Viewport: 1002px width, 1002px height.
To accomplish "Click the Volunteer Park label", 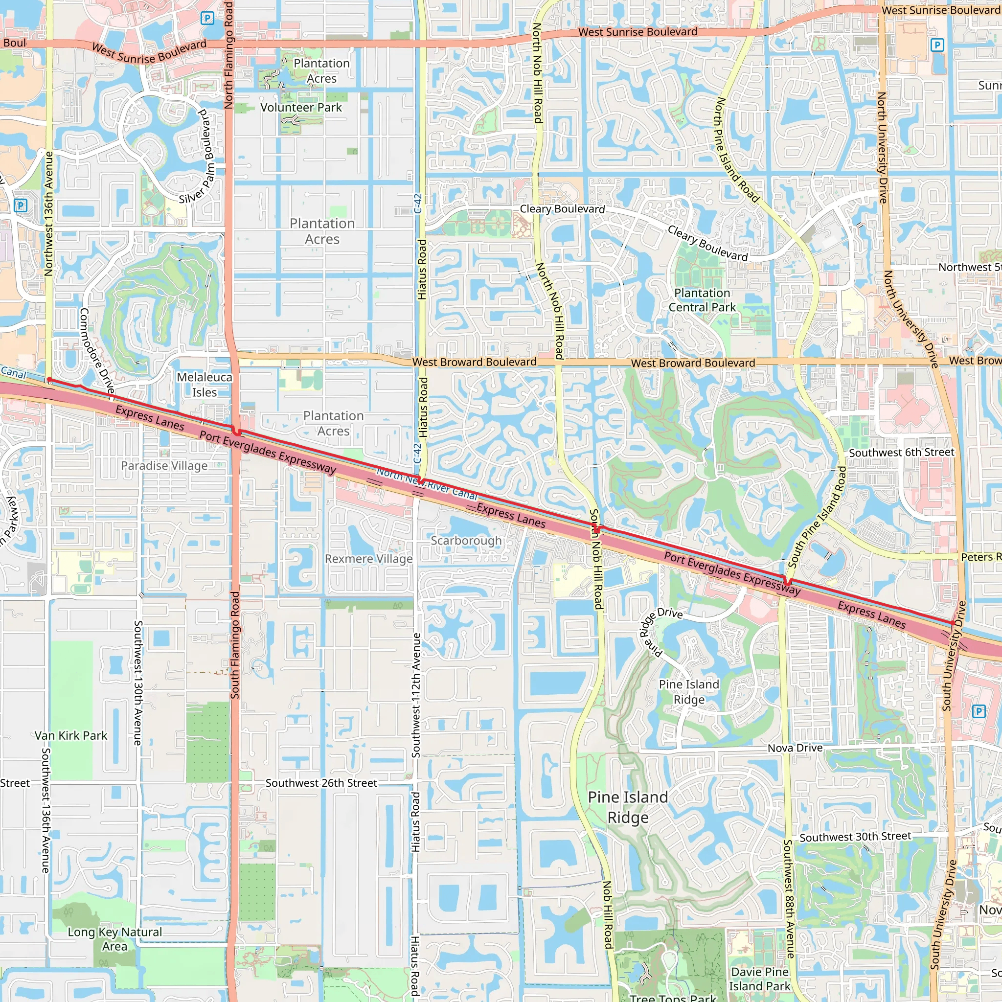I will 301,107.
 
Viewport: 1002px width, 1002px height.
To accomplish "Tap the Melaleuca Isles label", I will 205,385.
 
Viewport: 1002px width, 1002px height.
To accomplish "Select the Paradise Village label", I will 164,466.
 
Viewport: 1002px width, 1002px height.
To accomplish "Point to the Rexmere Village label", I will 369,559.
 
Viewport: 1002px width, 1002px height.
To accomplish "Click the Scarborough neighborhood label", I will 466,541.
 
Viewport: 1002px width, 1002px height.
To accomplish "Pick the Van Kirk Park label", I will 71,735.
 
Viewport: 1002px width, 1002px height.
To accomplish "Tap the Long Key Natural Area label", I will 114,939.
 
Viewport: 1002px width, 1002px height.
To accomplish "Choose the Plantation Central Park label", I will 702,300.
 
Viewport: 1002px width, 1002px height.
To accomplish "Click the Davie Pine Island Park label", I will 759,979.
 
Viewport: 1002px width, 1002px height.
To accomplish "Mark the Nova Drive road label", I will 795,748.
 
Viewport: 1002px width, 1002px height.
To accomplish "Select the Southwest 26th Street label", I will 321,783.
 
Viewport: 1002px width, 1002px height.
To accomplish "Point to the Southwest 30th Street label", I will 855,837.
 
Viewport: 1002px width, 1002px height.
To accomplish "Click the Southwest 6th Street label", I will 901,452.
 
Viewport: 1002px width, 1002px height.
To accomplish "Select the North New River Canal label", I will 426,483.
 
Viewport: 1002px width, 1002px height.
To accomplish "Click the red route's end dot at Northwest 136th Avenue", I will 49,380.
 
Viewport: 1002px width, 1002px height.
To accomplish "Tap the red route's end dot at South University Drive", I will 953,623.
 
